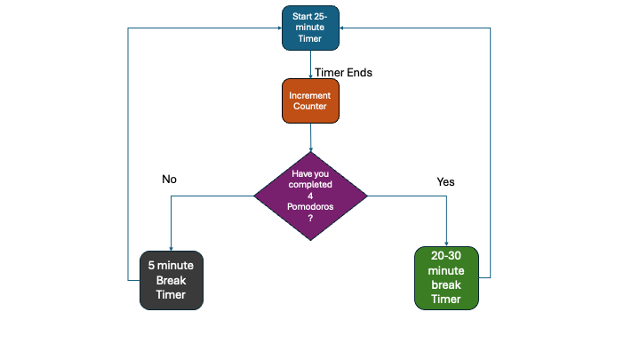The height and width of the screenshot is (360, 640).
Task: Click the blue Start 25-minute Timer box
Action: point(310,28)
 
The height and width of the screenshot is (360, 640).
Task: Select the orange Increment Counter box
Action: point(310,100)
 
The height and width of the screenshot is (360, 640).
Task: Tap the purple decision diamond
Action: point(310,195)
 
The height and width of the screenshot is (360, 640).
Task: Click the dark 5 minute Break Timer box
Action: point(172,279)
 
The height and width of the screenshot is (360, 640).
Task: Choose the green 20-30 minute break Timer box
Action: point(446,278)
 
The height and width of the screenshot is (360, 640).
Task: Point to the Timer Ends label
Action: point(343,73)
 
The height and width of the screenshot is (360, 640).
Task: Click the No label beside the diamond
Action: point(169,180)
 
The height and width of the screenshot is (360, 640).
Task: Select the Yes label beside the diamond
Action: point(445,181)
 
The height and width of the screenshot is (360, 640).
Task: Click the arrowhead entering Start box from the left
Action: point(278,28)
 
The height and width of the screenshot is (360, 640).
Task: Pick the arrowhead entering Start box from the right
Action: point(343,28)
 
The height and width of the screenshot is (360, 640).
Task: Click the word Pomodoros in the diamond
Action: point(310,206)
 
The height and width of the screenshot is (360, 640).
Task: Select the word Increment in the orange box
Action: point(310,94)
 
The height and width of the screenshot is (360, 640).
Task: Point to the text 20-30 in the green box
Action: point(446,256)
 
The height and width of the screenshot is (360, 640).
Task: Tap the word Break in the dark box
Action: point(172,280)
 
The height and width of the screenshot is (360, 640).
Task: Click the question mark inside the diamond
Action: point(310,218)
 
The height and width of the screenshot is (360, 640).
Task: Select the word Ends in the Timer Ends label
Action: point(358,73)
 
